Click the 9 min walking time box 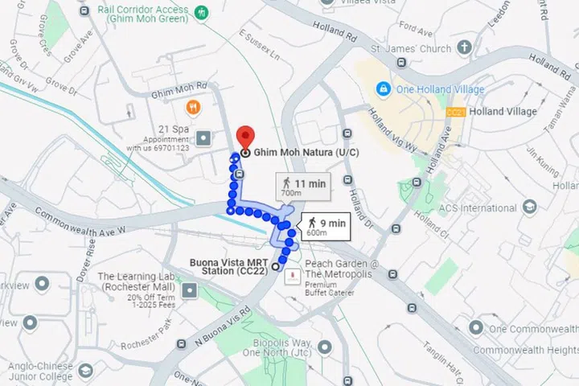[326, 227]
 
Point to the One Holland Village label [440, 89]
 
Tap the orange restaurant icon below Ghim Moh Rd [193, 106]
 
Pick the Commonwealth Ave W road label [80, 216]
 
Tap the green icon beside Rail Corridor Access [200, 14]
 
